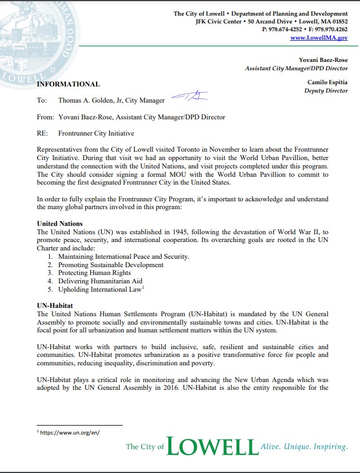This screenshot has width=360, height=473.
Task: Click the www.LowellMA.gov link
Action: point(319,37)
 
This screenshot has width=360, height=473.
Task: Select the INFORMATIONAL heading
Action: point(68,84)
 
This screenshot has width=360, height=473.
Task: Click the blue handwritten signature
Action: point(190,98)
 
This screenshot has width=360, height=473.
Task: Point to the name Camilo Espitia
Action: point(327,83)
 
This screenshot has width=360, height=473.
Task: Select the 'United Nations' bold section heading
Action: point(59,223)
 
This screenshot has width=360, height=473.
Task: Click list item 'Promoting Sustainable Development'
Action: point(111,264)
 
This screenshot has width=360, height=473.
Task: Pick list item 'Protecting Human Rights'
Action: point(94,273)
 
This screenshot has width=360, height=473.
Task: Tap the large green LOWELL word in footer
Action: point(212,446)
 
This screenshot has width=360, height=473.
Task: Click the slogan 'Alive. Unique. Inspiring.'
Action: point(304,447)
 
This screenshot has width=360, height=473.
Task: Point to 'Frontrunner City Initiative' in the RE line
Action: point(96,133)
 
